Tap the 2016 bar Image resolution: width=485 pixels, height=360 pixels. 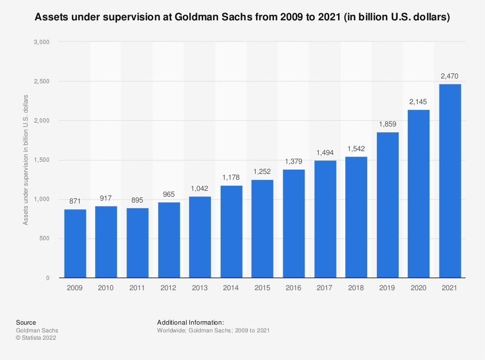click(x=293, y=223)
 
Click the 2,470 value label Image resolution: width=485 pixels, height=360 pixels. click(x=450, y=76)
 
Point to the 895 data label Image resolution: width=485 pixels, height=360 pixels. click(x=137, y=200)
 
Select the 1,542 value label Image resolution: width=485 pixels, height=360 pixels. click(x=356, y=149)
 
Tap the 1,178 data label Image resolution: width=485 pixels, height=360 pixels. click(x=231, y=177)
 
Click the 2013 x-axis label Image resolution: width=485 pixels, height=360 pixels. click(x=200, y=288)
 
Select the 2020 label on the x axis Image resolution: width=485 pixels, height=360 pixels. click(x=419, y=288)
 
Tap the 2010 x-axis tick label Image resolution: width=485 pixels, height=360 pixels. click(x=106, y=288)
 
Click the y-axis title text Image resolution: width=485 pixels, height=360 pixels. click(x=26, y=160)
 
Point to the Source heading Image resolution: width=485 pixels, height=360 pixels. click(x=26, y=322)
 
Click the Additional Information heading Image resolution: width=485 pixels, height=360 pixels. click(x=191, y=322)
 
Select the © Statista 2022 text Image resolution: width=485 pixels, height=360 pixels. click(x=36, y=338)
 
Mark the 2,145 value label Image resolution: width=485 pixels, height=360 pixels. click(x=419, y=102)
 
